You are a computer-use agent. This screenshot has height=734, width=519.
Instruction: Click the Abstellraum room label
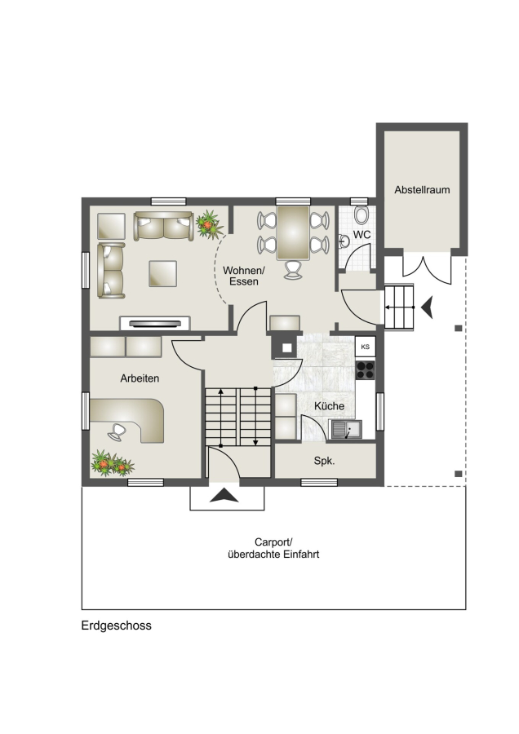point(422,190)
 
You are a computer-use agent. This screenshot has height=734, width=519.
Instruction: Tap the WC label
point(362,235)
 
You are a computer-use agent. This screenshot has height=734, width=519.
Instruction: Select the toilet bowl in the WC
point(362,215)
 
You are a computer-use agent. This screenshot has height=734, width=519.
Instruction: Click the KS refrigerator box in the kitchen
point(366,347)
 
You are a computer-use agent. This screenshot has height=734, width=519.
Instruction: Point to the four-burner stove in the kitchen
point(366,369)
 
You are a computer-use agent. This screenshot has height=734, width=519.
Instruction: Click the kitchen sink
point(346,429)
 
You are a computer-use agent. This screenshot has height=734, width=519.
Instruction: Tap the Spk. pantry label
point(324,461)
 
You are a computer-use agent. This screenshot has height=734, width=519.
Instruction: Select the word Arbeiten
point(140,378)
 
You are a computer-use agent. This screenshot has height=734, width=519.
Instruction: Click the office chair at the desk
point(118,432)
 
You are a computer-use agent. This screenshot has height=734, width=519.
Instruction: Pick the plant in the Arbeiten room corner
point(112,463)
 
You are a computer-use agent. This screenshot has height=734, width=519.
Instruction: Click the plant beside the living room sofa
point(208,225)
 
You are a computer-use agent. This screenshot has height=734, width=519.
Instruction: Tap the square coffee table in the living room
point(162,274)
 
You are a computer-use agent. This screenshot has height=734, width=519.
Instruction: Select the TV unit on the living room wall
point(155,324)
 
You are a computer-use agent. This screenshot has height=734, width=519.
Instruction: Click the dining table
point(293,232)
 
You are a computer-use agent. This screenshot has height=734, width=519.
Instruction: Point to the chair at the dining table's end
point(293,270)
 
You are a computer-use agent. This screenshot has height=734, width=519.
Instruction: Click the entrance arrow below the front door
point(224,495)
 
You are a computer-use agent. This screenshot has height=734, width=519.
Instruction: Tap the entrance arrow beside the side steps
point(427,307)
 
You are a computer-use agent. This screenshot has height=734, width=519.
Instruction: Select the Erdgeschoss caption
point(116,626)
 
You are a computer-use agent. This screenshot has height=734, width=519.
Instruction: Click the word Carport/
point(273,542)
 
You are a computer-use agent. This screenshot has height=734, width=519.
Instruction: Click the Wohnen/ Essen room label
point(244,276)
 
